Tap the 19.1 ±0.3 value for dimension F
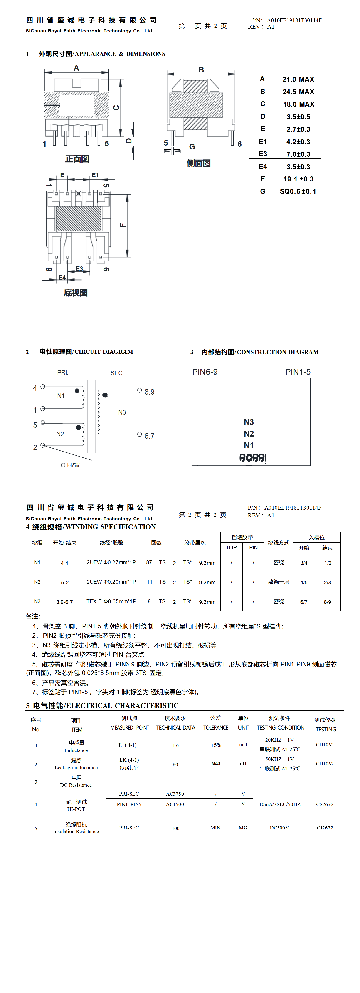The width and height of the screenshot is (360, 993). (x=298, y=179)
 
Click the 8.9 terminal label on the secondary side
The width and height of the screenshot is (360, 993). (x=149, y=392)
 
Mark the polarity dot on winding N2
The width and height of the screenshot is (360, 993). (x=79, y=427)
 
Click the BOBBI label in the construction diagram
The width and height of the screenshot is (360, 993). (x=253, y=458)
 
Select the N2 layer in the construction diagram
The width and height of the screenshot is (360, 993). (x=249, y=434)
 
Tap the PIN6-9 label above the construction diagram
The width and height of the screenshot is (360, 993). (x=205, y=372)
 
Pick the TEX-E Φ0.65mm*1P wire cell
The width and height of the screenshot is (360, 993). (x=111, y=601)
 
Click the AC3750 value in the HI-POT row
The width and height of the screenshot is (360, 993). (x=175, y=794)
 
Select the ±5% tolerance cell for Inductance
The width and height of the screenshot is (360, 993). (x=216, y=745)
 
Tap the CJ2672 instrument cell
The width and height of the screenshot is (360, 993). (x=325, y=828)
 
